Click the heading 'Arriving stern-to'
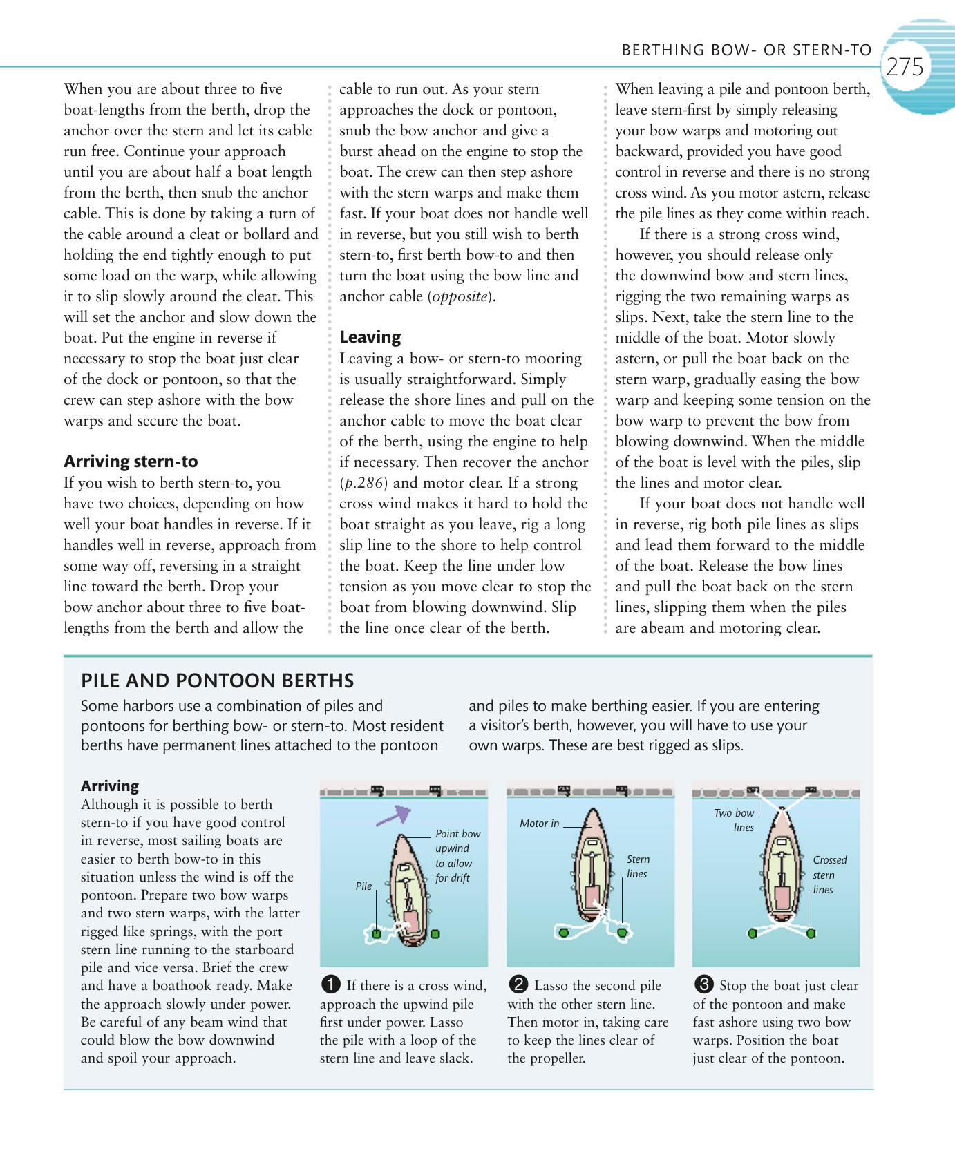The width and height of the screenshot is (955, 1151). (x=131, y=462)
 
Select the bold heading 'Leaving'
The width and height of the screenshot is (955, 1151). (x=370, y=337)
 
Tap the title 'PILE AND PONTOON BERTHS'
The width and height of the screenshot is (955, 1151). (x=218, y=681)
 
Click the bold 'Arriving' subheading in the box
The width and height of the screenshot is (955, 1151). (x=110, y=786)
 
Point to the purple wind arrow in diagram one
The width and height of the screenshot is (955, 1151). (x=392, y=815)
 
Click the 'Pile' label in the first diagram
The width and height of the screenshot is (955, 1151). (x=363, y=886)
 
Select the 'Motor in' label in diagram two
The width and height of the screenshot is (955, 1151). (x=539, y=824)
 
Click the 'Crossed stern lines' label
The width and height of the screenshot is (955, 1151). (x=829, y=875)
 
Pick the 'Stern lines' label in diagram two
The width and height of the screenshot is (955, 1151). (x=638, y=866)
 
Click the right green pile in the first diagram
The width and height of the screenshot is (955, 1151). (x=435, y=934)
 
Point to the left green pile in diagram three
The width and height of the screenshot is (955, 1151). (x=752, y=933)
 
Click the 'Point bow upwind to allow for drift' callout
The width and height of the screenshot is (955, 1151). (x=457, y=856)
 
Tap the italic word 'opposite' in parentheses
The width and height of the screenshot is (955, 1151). (x=460, y=296)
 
